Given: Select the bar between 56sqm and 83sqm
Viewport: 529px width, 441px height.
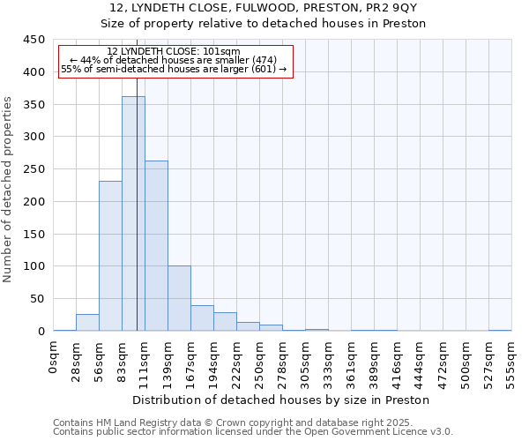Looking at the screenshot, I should [x=110, y=256].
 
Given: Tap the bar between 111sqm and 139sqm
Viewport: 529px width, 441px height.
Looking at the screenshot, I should [x=156, y=246].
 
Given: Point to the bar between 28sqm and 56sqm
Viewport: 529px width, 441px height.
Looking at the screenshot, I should [x=87, y=323].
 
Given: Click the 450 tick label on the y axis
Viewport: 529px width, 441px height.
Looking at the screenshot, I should [x=34, y=40].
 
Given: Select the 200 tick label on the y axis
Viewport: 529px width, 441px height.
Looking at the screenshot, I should [x=34, y=202].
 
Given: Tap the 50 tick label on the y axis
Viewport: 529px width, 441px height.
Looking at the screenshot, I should [x=37, y=299].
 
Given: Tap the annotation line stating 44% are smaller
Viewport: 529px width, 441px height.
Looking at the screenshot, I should [x=173, y=60].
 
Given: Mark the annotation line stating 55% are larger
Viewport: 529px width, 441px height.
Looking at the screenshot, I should [x=173, y=69].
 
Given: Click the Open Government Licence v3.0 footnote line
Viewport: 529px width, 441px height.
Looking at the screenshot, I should [x=253, y=432].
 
